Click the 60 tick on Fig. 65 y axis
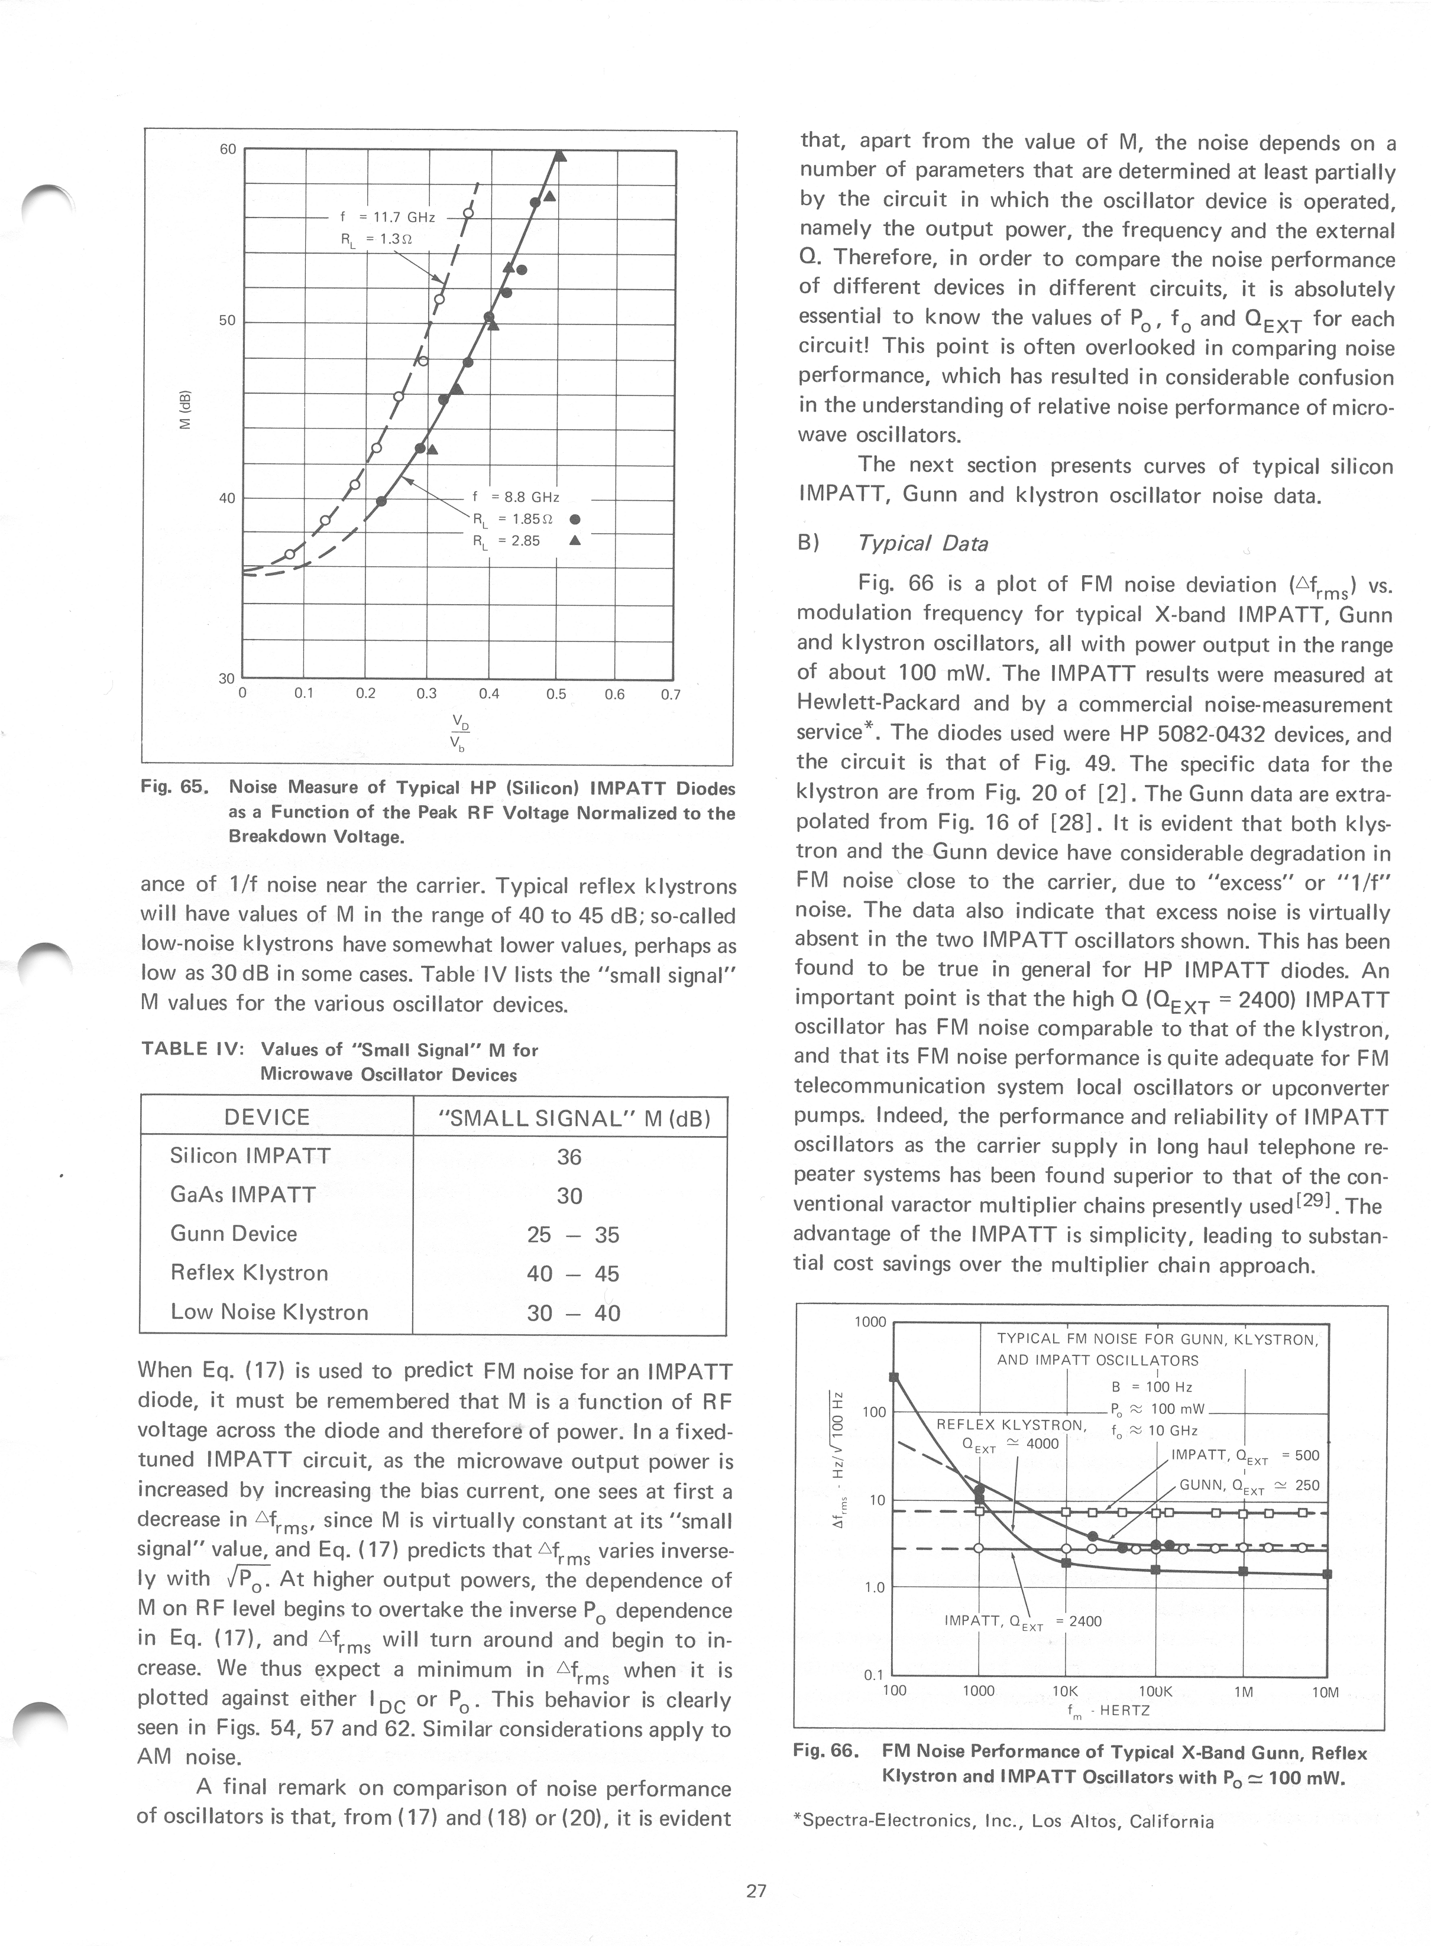click(227, 149)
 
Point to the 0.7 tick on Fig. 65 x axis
click(671, 695)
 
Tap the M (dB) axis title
click(184, 410)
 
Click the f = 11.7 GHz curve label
click(387, 218)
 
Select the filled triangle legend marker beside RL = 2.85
click(574, 541)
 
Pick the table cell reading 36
click(569, 1157)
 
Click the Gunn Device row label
click(234, 1234)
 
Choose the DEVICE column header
click(267, 1117)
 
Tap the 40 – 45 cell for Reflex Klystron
click(572, 1274)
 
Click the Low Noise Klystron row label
click(270, 1313)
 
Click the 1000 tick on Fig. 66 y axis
click(870, 1322)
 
